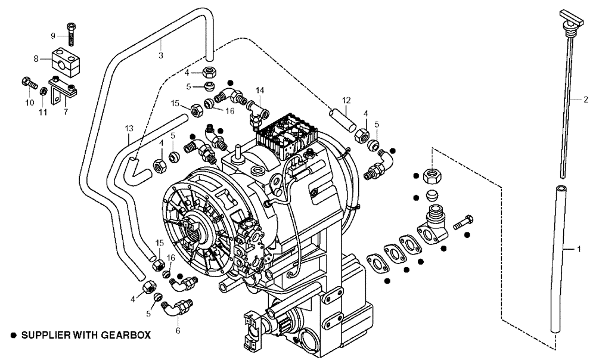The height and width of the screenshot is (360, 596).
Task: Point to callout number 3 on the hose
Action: click(160, 55)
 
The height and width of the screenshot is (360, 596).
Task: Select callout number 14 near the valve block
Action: click(259, 90)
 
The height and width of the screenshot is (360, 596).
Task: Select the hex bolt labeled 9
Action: click(72, 33)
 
